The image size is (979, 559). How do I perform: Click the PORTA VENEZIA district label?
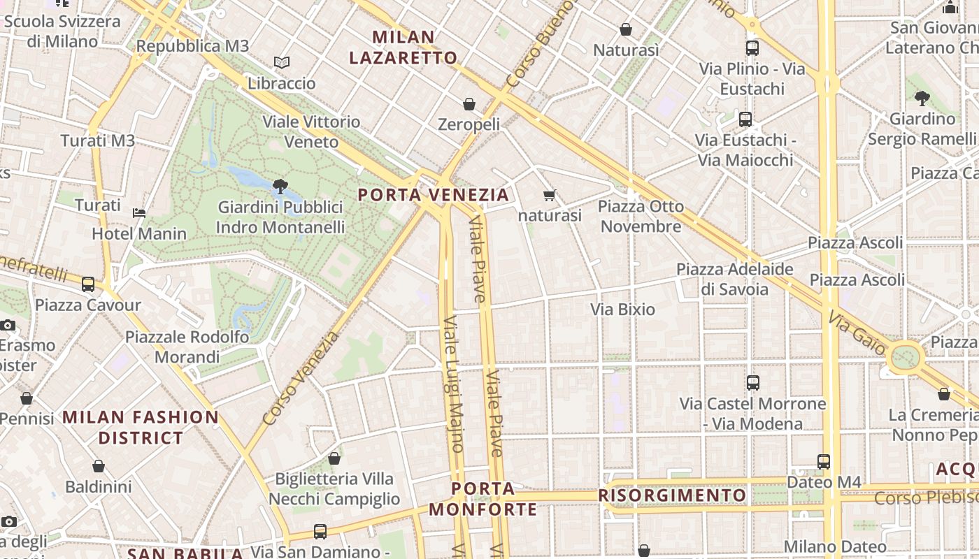(433, 194)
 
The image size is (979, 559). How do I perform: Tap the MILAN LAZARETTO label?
(403, 48)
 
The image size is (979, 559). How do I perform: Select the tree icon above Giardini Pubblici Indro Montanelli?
(280, 186)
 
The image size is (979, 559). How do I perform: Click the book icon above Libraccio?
(282, 63)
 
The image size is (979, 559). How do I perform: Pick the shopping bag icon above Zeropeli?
(469, 104)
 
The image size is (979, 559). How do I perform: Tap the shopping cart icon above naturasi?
(550, 195)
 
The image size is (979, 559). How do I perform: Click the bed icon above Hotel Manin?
(139, 212)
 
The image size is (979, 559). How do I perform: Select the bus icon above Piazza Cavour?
(88, 284)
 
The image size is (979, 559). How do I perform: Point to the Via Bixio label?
(622, 309)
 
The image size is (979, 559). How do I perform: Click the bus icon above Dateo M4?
(824, 462)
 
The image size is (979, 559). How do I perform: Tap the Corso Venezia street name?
(300, 378)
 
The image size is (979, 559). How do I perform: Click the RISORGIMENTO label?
(672, 495)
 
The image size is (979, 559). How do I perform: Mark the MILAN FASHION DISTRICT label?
(141, 428)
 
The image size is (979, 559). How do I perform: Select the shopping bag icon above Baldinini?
(99, 466)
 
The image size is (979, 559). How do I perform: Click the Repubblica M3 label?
(192, 46)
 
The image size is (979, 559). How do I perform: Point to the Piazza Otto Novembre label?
(641, 216)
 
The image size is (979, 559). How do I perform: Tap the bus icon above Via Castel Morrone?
(753, 383)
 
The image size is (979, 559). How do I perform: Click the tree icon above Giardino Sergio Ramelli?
(922, 99)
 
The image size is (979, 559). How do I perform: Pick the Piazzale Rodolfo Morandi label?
(187, 347)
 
